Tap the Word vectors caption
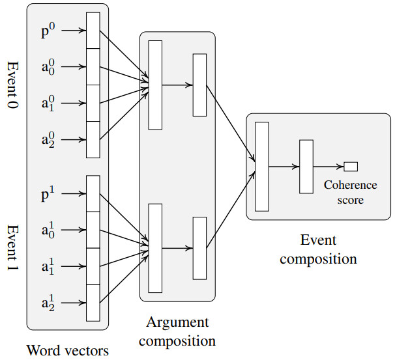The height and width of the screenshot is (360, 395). [x=67, y=350]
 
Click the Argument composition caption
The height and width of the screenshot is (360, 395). [x=177, y=331]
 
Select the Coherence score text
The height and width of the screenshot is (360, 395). [x=351, y=193]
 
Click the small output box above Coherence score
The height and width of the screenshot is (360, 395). [x=351, y=166]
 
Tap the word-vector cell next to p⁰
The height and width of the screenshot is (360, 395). [x=93, y=30]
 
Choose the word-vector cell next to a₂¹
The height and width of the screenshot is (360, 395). [x=93, y=303]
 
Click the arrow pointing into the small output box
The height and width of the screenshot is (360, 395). [x=329, y=166]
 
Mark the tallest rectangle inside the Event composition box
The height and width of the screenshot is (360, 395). [x=262, y=166]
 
